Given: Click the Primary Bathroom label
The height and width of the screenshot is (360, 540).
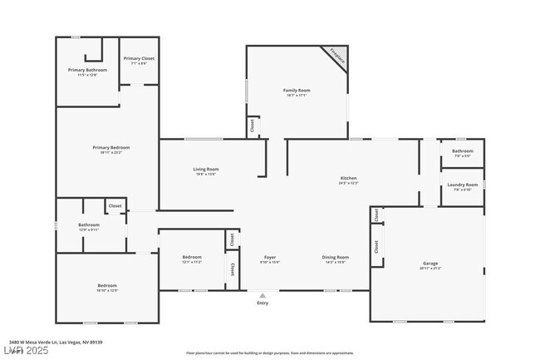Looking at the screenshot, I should [x=87, y=70].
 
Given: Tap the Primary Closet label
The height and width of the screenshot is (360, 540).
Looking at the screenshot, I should [x=139, y=58].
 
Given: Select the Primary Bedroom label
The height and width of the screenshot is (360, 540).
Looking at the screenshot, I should [x=110, y=147].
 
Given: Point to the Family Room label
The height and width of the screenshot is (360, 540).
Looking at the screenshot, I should [x=296, y=90].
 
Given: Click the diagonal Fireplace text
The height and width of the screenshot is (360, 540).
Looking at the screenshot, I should [x=336, y=57].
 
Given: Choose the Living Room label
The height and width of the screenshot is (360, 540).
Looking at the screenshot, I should [x=206, y=169].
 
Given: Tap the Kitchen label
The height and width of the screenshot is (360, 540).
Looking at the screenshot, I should [x=348, y=179].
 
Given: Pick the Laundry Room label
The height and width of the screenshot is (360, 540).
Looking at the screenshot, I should [x=462, y=185].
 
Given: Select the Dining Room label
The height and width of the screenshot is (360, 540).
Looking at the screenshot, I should [x=335, y=257].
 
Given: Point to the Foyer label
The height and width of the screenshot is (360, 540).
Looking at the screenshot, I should [x=270, y=257].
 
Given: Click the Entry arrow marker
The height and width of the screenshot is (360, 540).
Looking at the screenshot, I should [x=263, y=294].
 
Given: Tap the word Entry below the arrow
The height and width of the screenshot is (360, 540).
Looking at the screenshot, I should [x=263, y=303].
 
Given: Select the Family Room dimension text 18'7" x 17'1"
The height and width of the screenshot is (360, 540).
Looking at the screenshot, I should [x=296, y=96].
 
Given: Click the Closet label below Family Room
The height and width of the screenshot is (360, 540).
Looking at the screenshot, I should [x=251, y=126].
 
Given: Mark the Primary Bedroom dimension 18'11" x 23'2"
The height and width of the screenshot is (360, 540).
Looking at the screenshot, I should [x=110, y=152].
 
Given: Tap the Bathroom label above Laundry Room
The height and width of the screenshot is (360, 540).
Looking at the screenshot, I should [x=462, y=150].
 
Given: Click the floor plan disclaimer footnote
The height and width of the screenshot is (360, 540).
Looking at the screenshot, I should [x=270, y=353].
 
